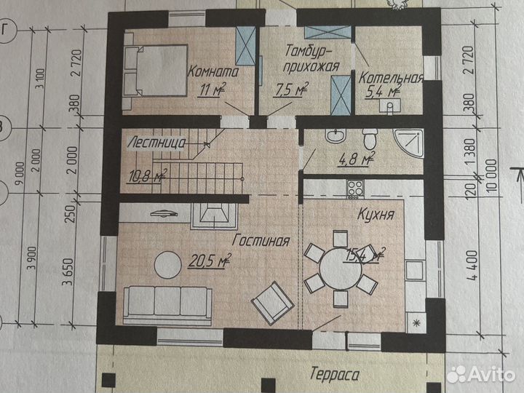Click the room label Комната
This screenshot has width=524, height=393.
[x=213, y=72]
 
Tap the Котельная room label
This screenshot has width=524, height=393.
[x=391, y=78]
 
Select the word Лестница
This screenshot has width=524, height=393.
[x=156, y=143]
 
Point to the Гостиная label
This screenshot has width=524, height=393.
[x=261, y=241]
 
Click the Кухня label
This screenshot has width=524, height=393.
[x=376, y=214]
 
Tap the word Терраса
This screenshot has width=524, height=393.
[x=335, y=374]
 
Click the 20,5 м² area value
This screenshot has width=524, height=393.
[x=210, y=260]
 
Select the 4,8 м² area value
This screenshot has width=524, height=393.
[x=357, y=159]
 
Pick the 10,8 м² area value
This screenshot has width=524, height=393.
[x=147, y=176]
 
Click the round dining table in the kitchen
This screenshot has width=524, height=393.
[x=341, y=269]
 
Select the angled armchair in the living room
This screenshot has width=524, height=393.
[x=273, y=303]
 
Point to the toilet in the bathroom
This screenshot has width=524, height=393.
[x=370, y=139]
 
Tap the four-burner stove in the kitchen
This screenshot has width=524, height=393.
[x=355, y=189]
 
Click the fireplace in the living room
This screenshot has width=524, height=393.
[x=214, y=216]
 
